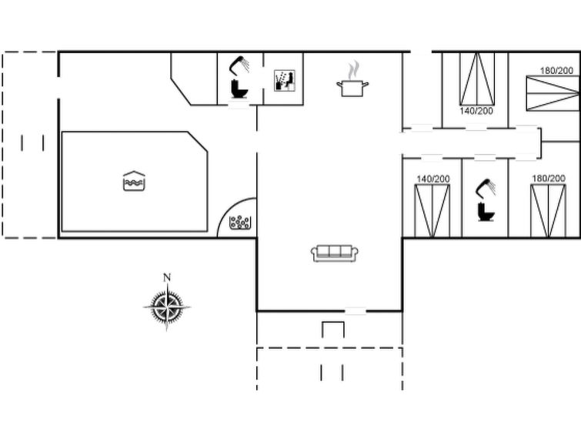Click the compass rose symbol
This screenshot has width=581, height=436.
pos(167,307)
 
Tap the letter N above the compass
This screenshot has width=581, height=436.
pos(167,277)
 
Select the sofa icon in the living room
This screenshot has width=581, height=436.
pos(334,253)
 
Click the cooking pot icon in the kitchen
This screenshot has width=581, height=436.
pos(352,89)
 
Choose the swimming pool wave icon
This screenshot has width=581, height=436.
pos(134,181)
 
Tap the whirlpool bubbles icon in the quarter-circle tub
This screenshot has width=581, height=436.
pos(240,223)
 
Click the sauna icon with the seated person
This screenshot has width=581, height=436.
pos(285,80)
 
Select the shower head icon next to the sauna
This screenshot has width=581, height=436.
pos(240,65)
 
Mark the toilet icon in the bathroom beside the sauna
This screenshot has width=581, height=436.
pos(239,89)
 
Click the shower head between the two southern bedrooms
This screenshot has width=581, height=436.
pos(486,187)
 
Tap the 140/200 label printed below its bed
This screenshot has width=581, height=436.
pos(476,111)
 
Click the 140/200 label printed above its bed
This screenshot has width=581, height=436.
pos(433,179)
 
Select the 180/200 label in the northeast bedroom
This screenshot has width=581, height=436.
pos(556,71)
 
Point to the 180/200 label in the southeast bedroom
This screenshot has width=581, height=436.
pos(549,179)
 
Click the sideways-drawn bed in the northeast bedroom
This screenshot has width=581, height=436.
pos(553,93)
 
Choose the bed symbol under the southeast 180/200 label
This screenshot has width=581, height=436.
pos(549,211)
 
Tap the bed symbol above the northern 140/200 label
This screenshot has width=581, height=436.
pos(477,79)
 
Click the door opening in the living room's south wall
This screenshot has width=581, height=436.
pos(356,311)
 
